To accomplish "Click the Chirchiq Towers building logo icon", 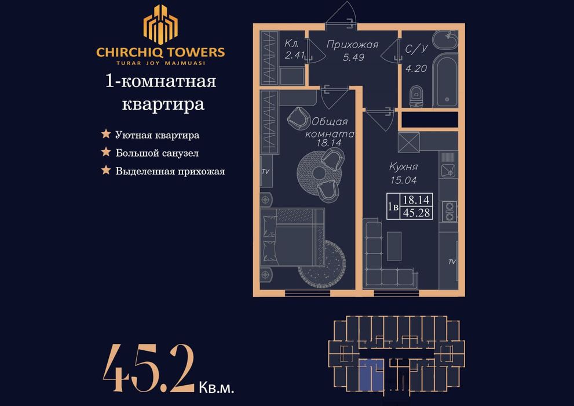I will pos(160,24).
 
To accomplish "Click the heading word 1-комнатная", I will pos(160,81).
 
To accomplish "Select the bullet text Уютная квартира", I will pos(158,135).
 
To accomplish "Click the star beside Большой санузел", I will pos(106,153).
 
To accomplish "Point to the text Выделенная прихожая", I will pos(170,171).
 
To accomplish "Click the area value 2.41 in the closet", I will pos(295,56).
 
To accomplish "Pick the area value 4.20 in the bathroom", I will pos(415,67).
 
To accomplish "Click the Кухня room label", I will pos(404,167).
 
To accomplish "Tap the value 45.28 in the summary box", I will pos(416,212).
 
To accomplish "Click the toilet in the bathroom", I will pos(416,96).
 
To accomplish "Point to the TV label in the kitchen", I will pos(452,262).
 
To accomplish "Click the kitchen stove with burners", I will pos(448,211).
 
